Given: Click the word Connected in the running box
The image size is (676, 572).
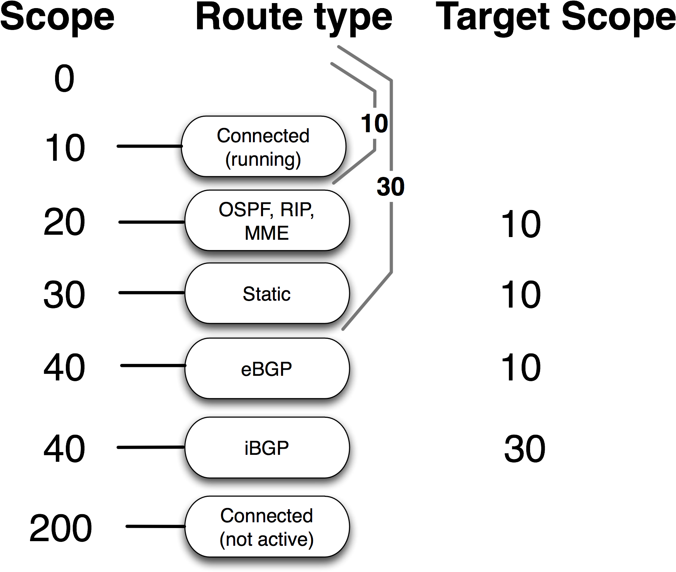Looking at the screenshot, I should click(x=263, y=136).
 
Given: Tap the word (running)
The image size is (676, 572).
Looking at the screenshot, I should click(x=263, y=159).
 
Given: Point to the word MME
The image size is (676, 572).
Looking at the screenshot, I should click(x=266, y=233).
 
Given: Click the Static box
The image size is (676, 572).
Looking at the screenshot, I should click(x=267, y=293).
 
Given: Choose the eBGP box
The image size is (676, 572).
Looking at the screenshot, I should click(x=267, y=368).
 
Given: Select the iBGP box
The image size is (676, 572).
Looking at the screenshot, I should click(x=267, y=448).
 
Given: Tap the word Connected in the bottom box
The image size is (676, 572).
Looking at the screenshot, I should click(x=266, y=516).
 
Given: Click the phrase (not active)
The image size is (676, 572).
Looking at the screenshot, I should click(x=266, y=539).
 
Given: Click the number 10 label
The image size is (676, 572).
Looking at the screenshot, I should click(x=374, y=123).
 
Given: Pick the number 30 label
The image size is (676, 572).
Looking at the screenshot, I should click(x=391, y=187).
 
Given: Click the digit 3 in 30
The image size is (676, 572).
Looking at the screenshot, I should click(x=383, y=187).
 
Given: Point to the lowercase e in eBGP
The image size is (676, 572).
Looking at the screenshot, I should click(x=246, y=370).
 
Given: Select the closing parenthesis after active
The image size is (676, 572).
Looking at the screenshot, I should click(x=311, y=540).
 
